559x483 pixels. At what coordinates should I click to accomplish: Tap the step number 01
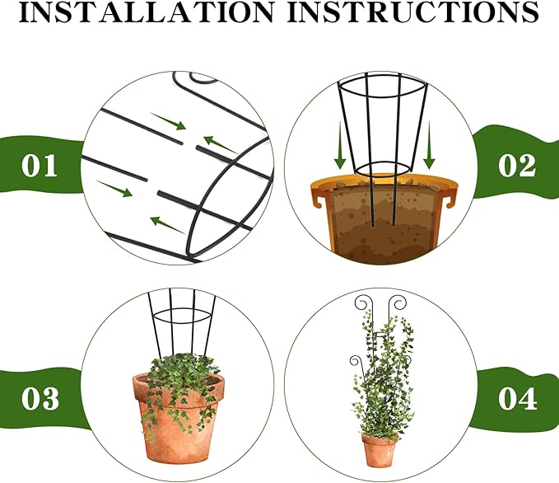[40, 166]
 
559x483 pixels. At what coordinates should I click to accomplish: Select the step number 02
[517, 166]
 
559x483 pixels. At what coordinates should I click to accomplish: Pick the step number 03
[40, 399]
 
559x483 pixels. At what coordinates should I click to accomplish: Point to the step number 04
[517, 399]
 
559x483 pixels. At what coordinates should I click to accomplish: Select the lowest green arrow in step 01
[165, 223]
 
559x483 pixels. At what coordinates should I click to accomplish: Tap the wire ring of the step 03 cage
[182, 321]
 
